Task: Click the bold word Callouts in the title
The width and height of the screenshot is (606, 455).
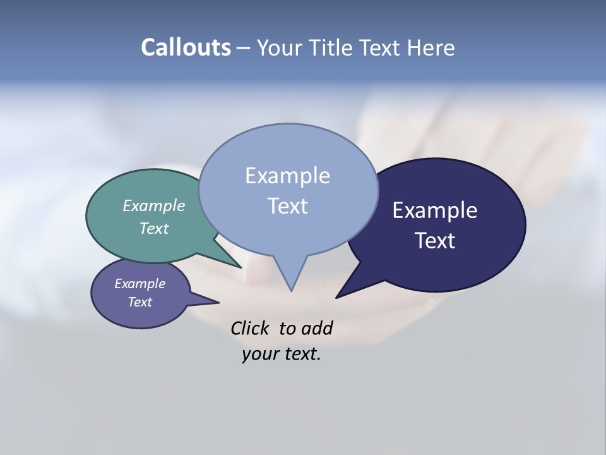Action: tap(186, 47)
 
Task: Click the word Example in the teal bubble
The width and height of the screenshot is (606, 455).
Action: tap(154, 205)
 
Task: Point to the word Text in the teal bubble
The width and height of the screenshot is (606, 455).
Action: tap(154, 228)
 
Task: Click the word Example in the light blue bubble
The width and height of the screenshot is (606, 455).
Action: tap(287, 176)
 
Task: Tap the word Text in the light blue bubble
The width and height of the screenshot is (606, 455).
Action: tap(287, 206)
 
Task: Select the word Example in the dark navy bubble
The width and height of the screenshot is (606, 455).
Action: tap(435, 210)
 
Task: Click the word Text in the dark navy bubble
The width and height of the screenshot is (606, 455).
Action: tap(435, 241)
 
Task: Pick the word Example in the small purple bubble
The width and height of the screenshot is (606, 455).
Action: tap(140, 284)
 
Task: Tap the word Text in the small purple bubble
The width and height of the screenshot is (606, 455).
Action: tap(140, 302)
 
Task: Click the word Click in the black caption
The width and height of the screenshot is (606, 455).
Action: tap(249, 328)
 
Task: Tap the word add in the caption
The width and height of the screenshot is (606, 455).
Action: tap(317, 328)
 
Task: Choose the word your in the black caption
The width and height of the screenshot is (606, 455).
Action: tap(259, 354)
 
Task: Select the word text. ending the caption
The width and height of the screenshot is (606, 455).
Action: tap(300, 354)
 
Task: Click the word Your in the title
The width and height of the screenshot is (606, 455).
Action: tap(277, 47)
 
